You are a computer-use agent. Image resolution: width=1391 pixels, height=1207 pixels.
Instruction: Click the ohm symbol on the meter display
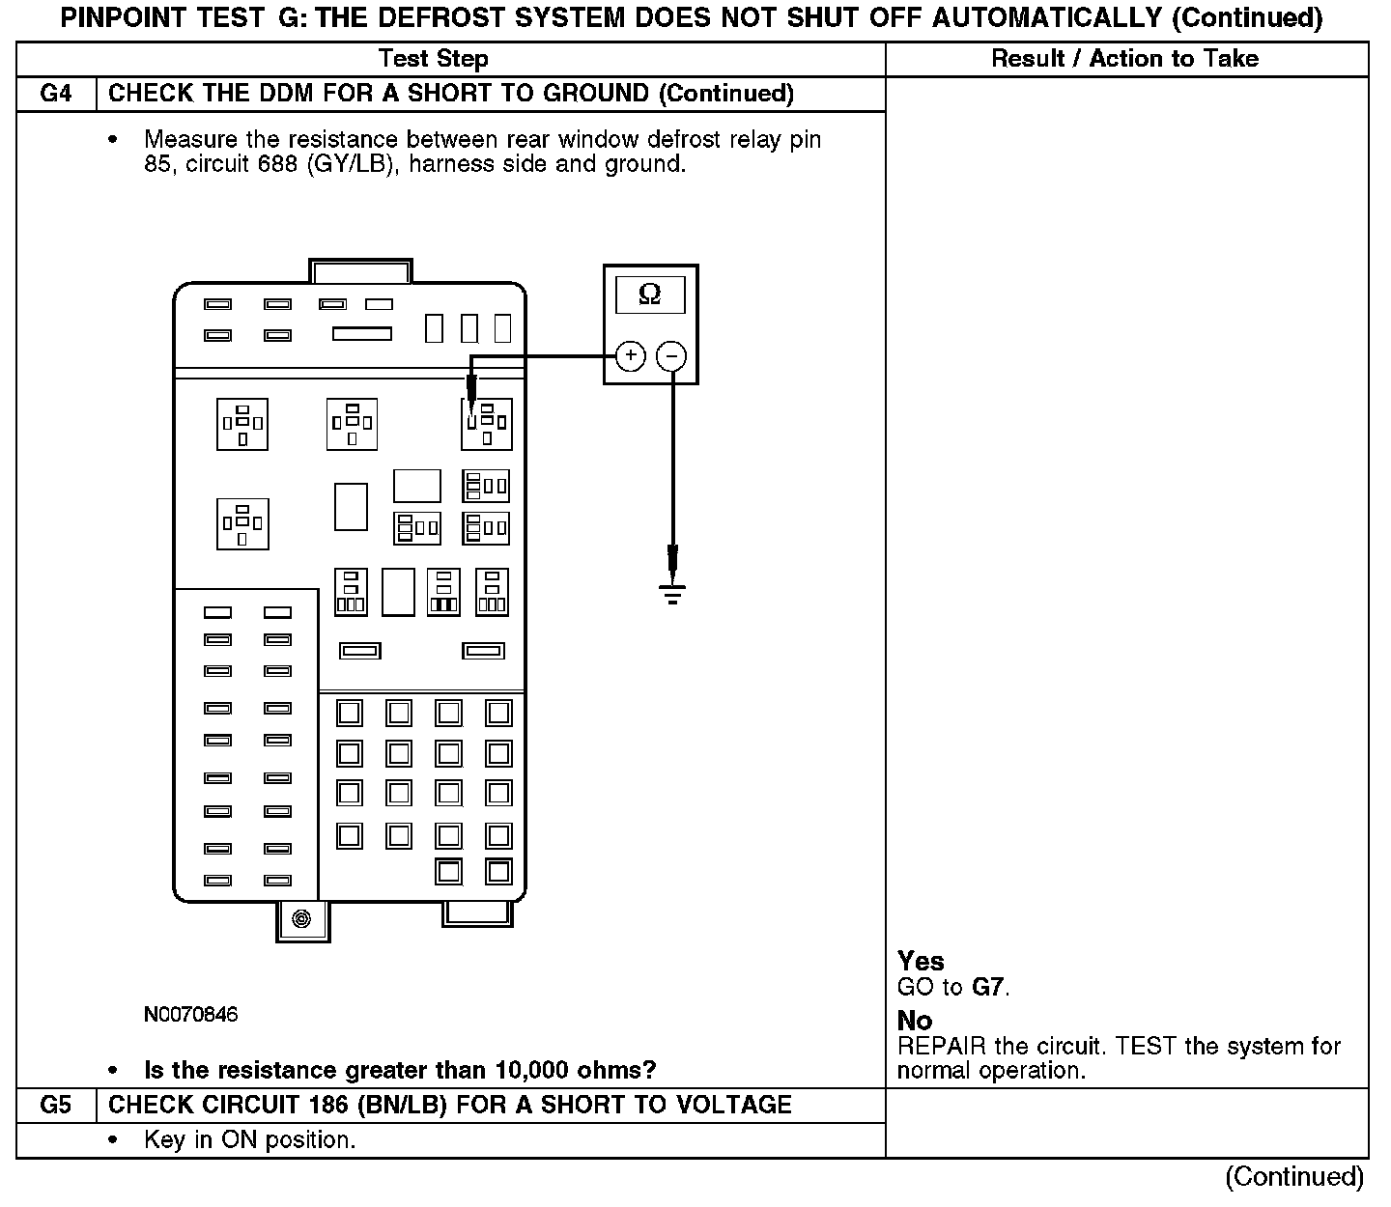pyautogui.click(x=650, y=295)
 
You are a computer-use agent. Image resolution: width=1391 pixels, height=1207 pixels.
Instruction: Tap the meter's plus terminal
pyautogui.click(x=630, y=356)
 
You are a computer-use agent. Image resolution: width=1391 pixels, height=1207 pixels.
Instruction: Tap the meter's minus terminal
pyautogui.click(x=671, y=357)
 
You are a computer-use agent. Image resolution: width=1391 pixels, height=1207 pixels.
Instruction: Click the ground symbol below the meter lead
pyautogui.click(x=673, y=593)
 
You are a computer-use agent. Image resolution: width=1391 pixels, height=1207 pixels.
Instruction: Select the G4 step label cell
pyautogui.click(x=56, y=94)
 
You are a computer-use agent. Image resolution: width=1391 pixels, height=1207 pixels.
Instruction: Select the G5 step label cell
pyautogui.click(x=56, y=1105)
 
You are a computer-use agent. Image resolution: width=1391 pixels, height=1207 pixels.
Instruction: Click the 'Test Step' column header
pyautogui.click(x=434, y=59)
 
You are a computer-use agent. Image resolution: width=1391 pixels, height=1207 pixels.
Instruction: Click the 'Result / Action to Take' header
pyautogui.click(x=1125, y=59)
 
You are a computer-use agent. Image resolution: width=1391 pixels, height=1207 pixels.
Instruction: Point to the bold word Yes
pyautogui.click(x=921, y=961)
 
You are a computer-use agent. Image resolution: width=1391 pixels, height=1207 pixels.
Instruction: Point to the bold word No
pyautogui.click(x=915, y=1021)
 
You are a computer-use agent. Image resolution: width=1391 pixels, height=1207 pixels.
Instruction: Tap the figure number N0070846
pyautogui.click(x=190, y=1015)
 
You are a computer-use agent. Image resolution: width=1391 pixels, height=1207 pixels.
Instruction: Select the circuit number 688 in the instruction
pyautogui.click(x=277, y=164)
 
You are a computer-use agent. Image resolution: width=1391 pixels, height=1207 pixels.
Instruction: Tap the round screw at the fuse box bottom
pyautogui.click(x=301, y=918)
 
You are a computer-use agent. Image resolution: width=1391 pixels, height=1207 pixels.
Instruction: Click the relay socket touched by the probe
pyautogui.click(x=485, y=424)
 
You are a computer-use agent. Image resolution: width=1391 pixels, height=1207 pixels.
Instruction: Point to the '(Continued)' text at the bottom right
pyautogui.click(x=1293, y=1176)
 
